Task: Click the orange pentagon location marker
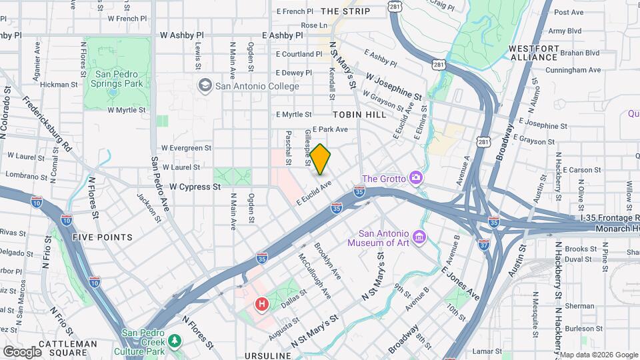pos(321,159)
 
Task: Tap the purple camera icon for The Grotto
pos(417,177)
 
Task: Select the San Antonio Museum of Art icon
pos(419,237)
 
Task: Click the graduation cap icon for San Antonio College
pos(205,86)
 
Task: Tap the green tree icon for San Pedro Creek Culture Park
pos(175,341)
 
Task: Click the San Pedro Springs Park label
pos(119,79)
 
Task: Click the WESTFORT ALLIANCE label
pos(533,53)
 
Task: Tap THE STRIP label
pos(345,11)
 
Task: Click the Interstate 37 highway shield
pos(484,244)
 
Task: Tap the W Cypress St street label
pos(195,187)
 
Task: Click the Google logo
pos(22,351)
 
